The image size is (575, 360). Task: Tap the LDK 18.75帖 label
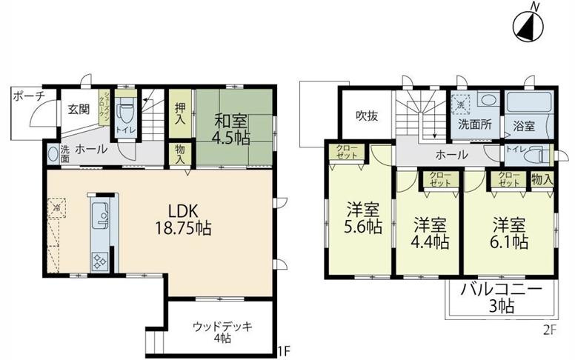point(183,219)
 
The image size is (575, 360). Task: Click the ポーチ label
point(29,96)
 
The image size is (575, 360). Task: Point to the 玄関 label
point(79,110)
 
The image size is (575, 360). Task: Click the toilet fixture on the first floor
point(125,115)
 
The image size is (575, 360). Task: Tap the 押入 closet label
point(180,113)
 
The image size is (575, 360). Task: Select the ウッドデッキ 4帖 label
point(222,331)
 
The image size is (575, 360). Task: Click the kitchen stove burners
point(99,261)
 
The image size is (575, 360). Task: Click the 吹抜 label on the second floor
point(366,116)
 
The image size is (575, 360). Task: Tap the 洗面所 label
point(474,124)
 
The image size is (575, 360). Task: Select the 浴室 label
point(524,126)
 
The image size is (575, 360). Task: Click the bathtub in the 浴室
point(528,103)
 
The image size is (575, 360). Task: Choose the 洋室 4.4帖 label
point(430,233)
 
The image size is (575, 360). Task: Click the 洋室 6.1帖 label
point(508,233)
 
